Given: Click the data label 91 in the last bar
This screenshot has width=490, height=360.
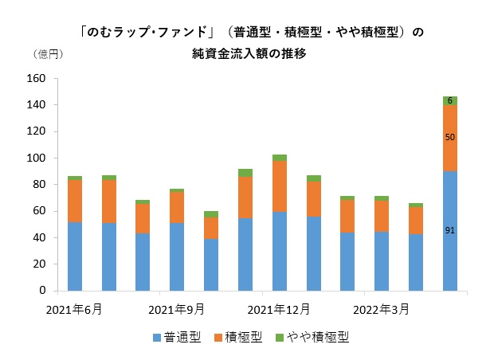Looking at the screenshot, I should [x=450, y=230].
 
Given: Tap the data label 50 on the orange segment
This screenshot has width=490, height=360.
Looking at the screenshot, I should [x=450, y=138].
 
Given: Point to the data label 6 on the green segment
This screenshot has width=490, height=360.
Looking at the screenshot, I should [x=450, y=100].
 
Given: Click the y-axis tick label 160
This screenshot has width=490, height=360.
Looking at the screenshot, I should [x=35, y=79].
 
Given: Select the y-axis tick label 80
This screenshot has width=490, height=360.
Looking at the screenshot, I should [x=38, y=185].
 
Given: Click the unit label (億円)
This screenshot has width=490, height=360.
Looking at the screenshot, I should [x=47, y=55].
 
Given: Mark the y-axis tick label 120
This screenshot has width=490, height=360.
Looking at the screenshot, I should [x=35, y=131].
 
